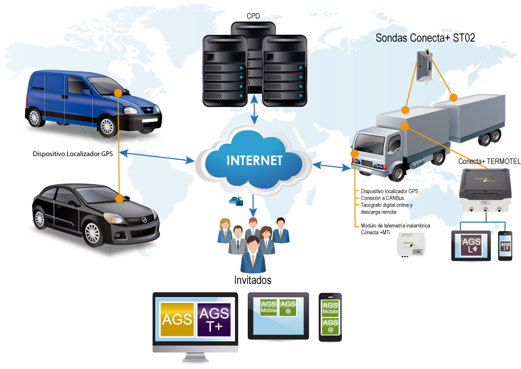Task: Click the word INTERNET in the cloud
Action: (255, 160)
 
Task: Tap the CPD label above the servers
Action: (254, 16)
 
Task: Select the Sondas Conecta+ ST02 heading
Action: (425, 38)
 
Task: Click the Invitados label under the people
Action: (253, 280)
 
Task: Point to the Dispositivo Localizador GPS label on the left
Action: (73, 154)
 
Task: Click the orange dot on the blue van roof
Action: (119, 93)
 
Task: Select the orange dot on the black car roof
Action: (120, 198)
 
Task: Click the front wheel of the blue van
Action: (107, 126)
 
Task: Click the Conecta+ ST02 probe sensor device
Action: (425, 65)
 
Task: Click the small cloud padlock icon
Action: (236, 201)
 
